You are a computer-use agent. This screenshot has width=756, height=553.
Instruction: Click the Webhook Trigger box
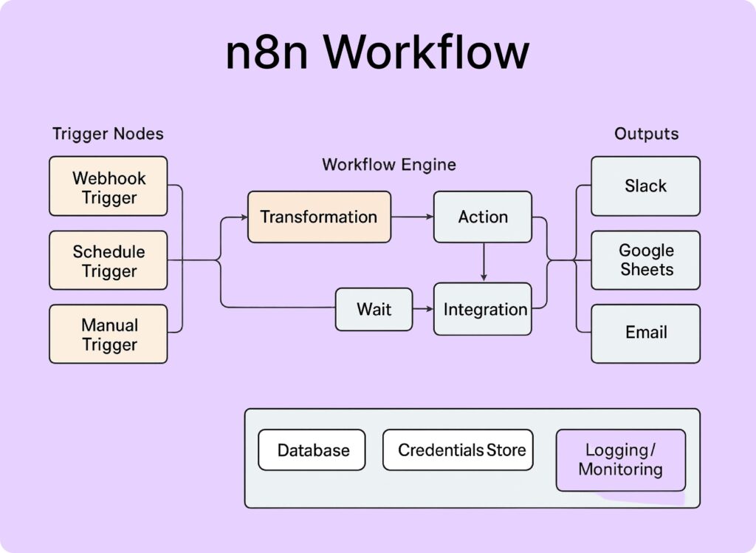click(109, 186)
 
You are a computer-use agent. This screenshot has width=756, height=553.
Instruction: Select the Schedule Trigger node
click(109, 260)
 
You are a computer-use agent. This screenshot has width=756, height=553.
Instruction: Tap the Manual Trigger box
click(109, 334)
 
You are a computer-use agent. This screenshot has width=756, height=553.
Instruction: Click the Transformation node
click(319, 217)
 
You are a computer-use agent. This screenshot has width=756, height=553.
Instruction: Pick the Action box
click(482, 217)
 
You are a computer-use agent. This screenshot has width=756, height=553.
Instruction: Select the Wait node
click(374, 309)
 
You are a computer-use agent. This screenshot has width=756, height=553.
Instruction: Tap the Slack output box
click(645, 186)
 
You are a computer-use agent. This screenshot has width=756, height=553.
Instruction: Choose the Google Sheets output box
click(645, 260)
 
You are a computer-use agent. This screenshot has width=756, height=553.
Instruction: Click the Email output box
click(645, 333)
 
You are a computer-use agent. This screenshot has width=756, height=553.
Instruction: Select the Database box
click(312, 449)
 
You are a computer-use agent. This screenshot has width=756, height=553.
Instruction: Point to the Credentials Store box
click(458, 449)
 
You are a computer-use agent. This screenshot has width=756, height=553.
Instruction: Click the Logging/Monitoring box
click(620, 460)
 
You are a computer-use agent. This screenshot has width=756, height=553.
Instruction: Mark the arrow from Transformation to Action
click(412, 217)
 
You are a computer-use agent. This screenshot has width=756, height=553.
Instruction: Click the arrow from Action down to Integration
click(483, 262)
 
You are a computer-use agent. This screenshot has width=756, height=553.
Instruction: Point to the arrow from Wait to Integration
click(423, 309)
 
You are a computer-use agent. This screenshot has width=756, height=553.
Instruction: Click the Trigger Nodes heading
click(108, 134)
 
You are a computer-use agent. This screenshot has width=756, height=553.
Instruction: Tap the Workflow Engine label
click(388, 164)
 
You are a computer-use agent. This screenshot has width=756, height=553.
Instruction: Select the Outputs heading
click(645, 134)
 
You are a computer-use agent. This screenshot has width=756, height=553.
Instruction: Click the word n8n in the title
click(267, 53)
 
